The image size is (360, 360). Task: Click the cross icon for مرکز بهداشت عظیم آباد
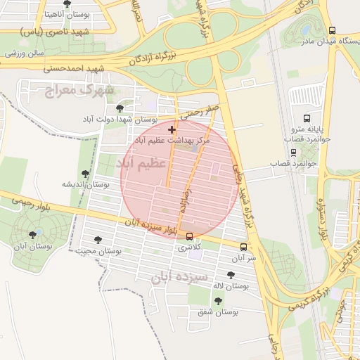(172, 129)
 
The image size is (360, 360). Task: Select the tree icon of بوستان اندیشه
(86, 173)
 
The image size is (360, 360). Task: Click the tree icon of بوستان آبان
(32, 236)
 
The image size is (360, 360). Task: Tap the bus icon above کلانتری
(189, 236)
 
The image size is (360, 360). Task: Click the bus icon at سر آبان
(244, 247)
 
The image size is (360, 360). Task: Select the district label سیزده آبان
(179, 277)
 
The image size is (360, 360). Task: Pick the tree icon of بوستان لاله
(231, 275)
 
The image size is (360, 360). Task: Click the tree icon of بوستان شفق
(218, 300)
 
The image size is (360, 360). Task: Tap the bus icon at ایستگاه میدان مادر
(333, 30)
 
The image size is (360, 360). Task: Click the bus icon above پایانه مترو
(306, 118)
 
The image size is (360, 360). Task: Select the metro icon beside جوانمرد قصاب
(293, 152)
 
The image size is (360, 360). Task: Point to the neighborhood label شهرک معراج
(79, 89)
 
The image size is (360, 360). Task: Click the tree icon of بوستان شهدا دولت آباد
(120, 108)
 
